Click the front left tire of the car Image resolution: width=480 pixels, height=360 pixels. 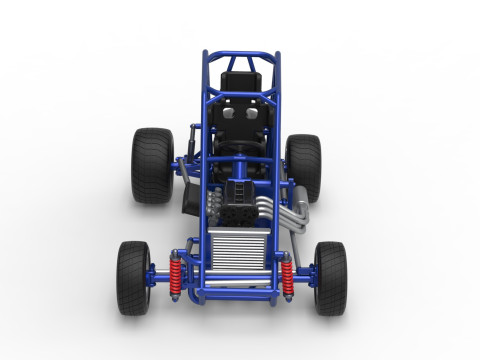click(133, 277)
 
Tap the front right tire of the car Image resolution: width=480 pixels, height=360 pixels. click(330, 277)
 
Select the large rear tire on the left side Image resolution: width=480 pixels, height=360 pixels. click(152, 165)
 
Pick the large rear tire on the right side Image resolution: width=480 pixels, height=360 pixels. click(303, 167)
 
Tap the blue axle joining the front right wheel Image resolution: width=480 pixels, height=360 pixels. click(304, 274)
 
